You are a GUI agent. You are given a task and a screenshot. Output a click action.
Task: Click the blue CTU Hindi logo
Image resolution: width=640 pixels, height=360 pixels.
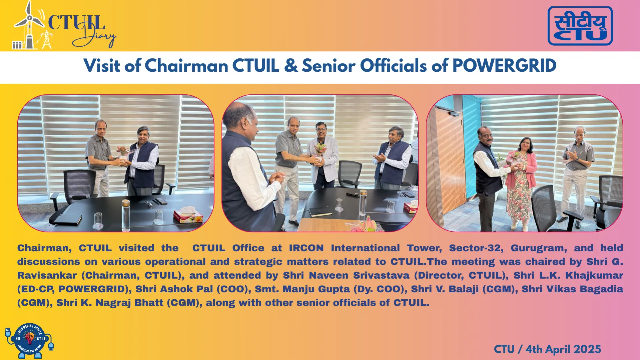(580, 26)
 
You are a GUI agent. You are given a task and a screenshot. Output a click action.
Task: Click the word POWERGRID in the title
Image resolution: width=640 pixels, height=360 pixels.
(504, 65)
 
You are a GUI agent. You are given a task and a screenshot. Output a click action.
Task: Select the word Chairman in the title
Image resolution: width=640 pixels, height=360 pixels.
(186, 65)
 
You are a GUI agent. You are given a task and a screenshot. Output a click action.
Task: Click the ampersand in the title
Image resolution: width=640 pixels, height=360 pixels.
(291, 65)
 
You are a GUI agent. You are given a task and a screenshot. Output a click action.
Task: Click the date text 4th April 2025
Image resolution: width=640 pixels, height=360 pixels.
(563, 349)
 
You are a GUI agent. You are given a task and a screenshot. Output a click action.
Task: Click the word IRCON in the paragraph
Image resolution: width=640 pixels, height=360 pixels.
(306, 248)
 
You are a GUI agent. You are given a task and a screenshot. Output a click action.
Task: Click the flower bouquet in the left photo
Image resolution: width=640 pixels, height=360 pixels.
(123, 152)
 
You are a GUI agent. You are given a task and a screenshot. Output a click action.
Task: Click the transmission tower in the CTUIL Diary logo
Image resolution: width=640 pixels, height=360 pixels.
(47, 40)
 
